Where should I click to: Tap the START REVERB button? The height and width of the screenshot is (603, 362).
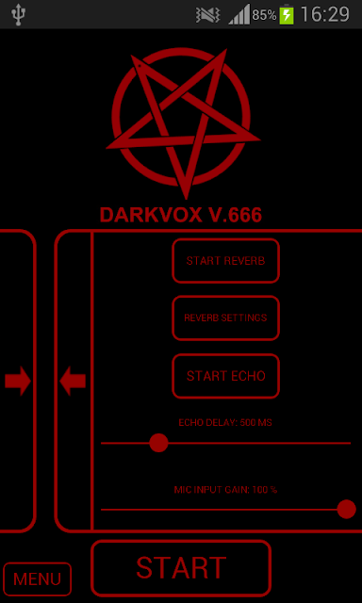pyautogui.click(x=225, y=261)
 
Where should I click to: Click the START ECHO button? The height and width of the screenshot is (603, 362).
pyautogui.click(x=225, y=376)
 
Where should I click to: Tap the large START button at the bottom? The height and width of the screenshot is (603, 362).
pyautogui.click(x=181, y=568)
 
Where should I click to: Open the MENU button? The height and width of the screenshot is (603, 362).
pyautogui.click(x=38, y=579)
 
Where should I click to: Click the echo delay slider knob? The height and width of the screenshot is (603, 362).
pyautogui.click(x=158, y=443)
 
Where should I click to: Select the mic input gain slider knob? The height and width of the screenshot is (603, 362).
pyautogui.click(x=346, y=509)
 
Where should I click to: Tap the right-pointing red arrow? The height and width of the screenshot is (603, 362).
pyautogui.click(x=18, y=381)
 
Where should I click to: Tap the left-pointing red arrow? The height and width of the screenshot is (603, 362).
pyautogui.click(x=73, y=381)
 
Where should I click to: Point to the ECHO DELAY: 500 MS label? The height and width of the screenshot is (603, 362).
pyautogui.click(x=225, y=423)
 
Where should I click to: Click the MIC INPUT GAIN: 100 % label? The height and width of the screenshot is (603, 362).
pyautogui.click(x=225, y=490)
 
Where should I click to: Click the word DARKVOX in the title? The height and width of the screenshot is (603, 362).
pyautogui.click(x=151, y=215)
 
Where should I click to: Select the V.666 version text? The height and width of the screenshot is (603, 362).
pyautogui.click(x=235, y=215)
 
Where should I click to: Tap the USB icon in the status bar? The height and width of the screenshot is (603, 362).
pyautogui.click(x=18, y=14)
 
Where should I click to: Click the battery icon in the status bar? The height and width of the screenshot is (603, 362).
pyautogui.click(x=287, y=15)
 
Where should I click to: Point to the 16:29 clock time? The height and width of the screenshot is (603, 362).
pyautogui.click(x=324, y=15)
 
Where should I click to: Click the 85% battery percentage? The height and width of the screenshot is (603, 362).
pyautogui.click(x=264, y=15)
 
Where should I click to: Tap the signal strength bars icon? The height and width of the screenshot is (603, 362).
pyautogui.click(x=239, y=15)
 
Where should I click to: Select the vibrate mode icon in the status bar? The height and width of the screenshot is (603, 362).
pyautogui.click(x=207, y=16)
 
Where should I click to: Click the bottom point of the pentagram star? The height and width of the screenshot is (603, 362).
pyautogui.click(x=187, y=199)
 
